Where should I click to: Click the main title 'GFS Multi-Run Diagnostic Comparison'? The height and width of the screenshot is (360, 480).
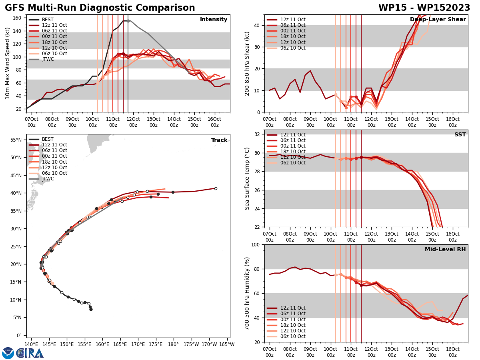coord(100,8)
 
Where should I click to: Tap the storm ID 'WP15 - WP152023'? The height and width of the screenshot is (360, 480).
coord(424,8)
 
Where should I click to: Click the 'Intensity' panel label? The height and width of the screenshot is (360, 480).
coord(214,20)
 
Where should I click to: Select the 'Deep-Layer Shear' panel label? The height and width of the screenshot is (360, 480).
coord(438,20)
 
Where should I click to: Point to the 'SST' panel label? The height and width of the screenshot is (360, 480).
coord(460,135)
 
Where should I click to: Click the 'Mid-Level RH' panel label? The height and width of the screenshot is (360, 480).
coord(445,250)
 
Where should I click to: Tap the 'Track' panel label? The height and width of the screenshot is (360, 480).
coord(219,140)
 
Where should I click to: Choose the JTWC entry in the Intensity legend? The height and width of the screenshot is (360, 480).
coord(48,59)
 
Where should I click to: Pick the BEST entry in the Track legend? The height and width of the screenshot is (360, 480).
coord(48,139)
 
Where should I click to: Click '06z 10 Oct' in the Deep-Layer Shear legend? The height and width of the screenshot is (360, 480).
coord(293,48)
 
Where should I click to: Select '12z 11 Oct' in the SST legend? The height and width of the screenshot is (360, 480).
coord(293,135)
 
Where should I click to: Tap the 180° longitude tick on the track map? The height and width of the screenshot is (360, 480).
coord(173,344)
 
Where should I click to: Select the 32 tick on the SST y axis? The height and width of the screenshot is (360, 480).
coord(258,134)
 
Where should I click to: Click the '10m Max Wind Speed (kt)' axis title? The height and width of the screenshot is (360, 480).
coord(8,63)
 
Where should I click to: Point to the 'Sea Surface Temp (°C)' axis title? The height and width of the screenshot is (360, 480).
coord(247,178)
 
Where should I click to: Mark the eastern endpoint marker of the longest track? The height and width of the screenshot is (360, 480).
coord(216,188)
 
